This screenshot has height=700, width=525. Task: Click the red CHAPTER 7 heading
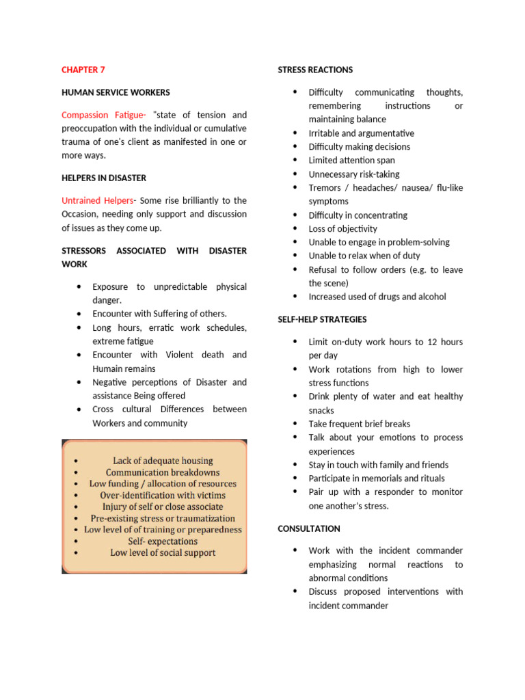[83, 70]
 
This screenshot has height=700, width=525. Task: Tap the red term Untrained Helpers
[97, 200]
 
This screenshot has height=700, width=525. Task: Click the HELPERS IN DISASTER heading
[104, 178]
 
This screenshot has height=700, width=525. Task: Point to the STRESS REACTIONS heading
[315, 70]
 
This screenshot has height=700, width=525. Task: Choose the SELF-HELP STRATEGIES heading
[322, 319]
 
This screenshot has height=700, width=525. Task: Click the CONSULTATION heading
[308, 528]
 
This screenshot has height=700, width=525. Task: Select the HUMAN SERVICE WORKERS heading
[116, 92]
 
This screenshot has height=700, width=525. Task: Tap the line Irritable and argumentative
[361, 133]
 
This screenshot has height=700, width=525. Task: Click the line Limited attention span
[351, 160]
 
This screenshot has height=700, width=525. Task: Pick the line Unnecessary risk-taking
[354, 174]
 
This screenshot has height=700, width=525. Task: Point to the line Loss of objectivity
[342, 229]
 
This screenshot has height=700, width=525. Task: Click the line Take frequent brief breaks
[360, 424]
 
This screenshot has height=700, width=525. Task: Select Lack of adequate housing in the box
[163, 461]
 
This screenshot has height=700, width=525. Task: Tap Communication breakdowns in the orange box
[163, 472]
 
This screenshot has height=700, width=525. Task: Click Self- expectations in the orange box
[163, 541]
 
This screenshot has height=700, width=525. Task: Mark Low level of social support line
[163, 553]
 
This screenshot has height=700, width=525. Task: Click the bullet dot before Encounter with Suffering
[80, 314]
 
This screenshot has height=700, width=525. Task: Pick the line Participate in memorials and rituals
[376, 479]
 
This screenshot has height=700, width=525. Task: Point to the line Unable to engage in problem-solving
[379, 242]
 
